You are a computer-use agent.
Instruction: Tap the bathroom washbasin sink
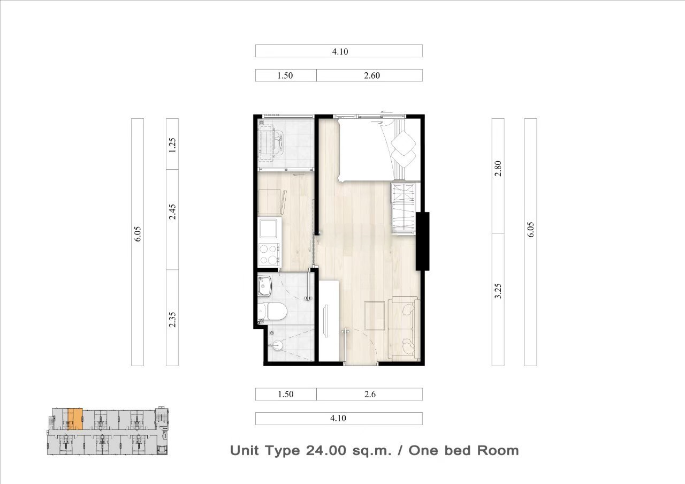coord(264,286)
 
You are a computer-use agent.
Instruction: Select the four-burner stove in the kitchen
coord(269,254)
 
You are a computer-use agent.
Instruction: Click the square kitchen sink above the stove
coord(269,228)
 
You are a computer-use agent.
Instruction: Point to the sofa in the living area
coord(404,329)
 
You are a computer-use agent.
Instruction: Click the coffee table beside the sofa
coord(374,316)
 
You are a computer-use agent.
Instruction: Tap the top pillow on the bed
coord(404,141)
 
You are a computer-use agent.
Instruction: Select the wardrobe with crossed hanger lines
coord(403,209)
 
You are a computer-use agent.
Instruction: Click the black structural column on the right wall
coord(422,241)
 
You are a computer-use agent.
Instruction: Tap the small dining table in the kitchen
coord(270,202)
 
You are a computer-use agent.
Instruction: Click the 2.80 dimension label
coord(498,168)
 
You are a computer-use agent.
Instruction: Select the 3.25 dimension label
coord(498,291)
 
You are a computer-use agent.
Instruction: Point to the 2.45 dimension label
coord(172,211)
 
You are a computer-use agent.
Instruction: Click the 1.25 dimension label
coord(172,145)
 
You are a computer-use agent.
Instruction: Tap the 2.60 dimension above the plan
coord(372,75)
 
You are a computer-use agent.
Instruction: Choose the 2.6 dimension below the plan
coord(370,395)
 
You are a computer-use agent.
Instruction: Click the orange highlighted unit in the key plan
coord(75,419)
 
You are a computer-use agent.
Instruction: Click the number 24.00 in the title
coord(326,451)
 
